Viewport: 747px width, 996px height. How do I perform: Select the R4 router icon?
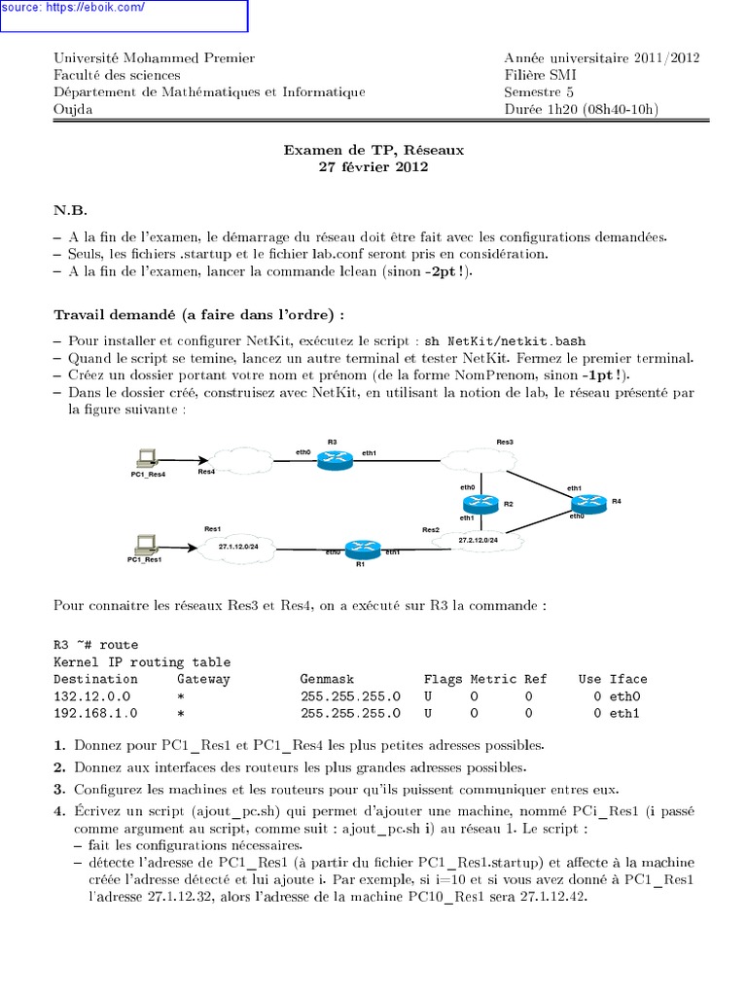(587, 503)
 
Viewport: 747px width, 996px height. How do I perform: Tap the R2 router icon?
(480, 503)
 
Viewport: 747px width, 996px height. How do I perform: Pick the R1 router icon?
(360, 549)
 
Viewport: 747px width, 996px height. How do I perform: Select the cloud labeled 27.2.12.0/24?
(477, 539)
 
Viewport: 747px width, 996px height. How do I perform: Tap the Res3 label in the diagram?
(505, 442)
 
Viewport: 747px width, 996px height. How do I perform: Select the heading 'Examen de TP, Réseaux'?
(373, 151)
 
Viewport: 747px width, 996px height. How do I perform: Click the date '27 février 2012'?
(373, 166)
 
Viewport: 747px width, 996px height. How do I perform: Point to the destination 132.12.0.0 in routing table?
(92, 696)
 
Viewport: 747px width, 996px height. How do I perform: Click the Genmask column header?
(328, 679)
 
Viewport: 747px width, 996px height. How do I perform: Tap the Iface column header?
(627, 679)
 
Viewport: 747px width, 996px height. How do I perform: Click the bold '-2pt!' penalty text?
(446, 272)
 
